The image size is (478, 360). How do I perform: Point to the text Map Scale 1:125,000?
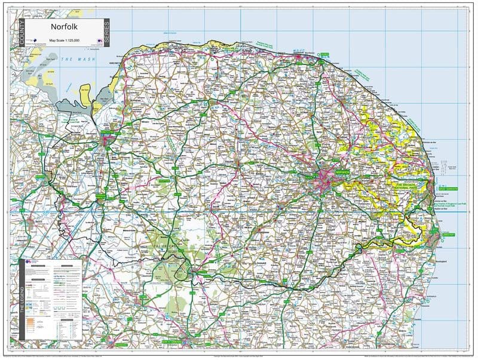pos(65,40)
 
